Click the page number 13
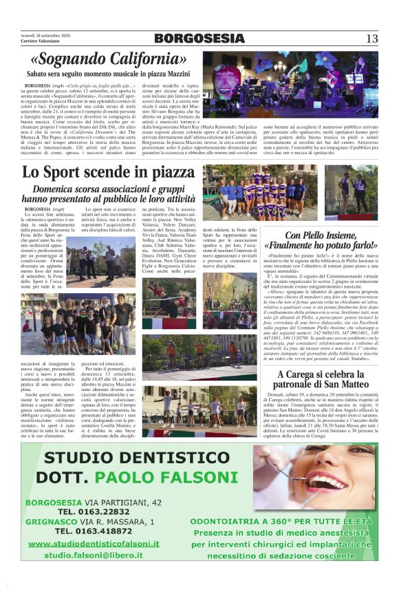point(372,39)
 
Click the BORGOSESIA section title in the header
point(199,39)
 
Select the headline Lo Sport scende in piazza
point(109,172)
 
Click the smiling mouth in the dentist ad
point(323,475)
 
